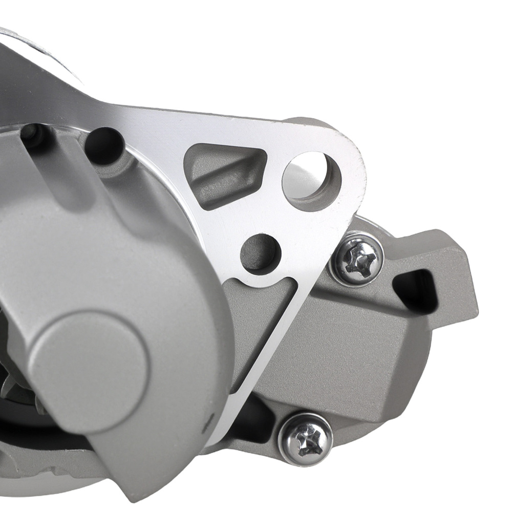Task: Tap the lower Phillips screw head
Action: click(306, 439)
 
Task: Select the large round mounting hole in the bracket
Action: click(311, 180)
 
